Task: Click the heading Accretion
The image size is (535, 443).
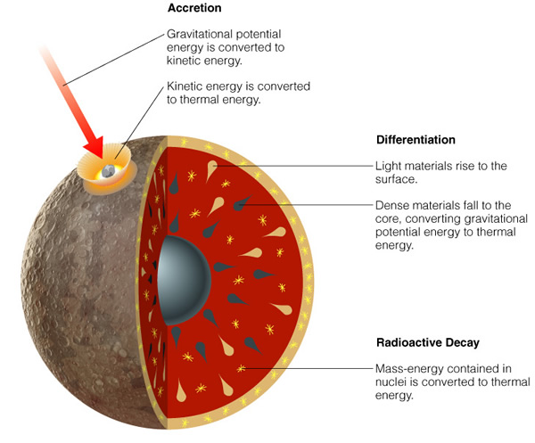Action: click(194, 8)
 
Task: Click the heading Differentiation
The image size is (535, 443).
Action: click(416, 140)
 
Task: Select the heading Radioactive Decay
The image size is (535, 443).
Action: click(428, 342)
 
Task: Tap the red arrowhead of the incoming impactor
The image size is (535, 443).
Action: click(95, 147)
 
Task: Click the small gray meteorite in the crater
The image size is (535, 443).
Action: click(109, 171)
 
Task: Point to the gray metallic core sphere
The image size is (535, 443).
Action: click(185, 280)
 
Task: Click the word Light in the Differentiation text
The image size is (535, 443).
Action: click(387, 166)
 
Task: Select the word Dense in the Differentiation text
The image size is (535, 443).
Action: click(390, 205)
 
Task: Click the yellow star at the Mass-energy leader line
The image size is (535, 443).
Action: click(241, 368)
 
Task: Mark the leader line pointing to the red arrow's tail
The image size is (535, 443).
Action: click(113, 60)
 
